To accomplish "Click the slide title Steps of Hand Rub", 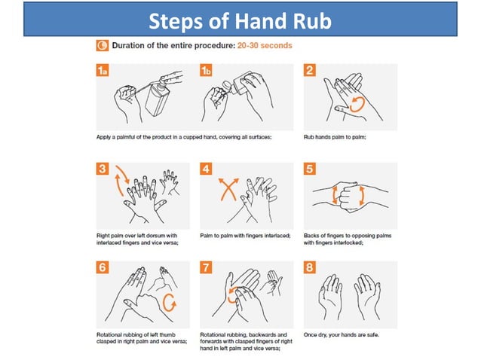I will pos(240,20).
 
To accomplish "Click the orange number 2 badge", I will pos(309,70).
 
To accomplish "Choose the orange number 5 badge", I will pos(309,169).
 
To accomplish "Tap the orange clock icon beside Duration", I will pos(103,45).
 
